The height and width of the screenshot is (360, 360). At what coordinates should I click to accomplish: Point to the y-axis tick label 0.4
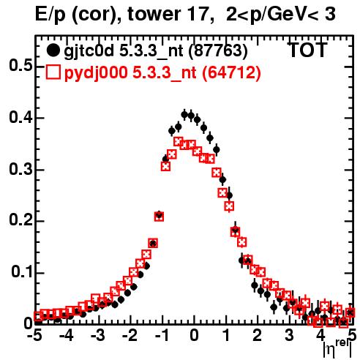coord(21,117)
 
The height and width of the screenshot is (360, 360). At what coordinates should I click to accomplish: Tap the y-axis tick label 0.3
coord(21,169)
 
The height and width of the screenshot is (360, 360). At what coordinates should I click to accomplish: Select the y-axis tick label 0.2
coord(21,221)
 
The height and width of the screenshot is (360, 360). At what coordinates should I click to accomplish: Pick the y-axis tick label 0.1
coord(22,272)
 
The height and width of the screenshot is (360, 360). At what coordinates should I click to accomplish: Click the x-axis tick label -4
coord(67,336)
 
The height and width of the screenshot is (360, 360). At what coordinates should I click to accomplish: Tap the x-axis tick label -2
coord(130,336)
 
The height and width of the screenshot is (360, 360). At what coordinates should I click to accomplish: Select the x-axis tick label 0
coord(194,336)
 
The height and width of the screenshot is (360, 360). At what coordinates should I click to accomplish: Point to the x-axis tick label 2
coord(258,336)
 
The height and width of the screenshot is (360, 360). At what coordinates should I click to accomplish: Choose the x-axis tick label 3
coord(289,336)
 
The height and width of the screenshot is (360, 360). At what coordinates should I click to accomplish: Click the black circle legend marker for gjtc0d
coord(53,50)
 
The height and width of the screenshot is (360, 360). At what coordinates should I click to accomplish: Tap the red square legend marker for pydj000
coord(53,72)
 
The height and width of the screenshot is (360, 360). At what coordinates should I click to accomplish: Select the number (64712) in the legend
coord(231,72)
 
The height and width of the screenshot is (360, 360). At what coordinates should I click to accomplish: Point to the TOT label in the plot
coord(308,50)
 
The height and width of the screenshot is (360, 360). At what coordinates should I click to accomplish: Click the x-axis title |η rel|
coord(337,349)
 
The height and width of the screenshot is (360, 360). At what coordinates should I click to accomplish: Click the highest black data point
coord(184,114)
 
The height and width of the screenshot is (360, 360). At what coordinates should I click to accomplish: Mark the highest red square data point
coord(179,141)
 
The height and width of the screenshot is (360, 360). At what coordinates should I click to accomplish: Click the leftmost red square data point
coord(37,316)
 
